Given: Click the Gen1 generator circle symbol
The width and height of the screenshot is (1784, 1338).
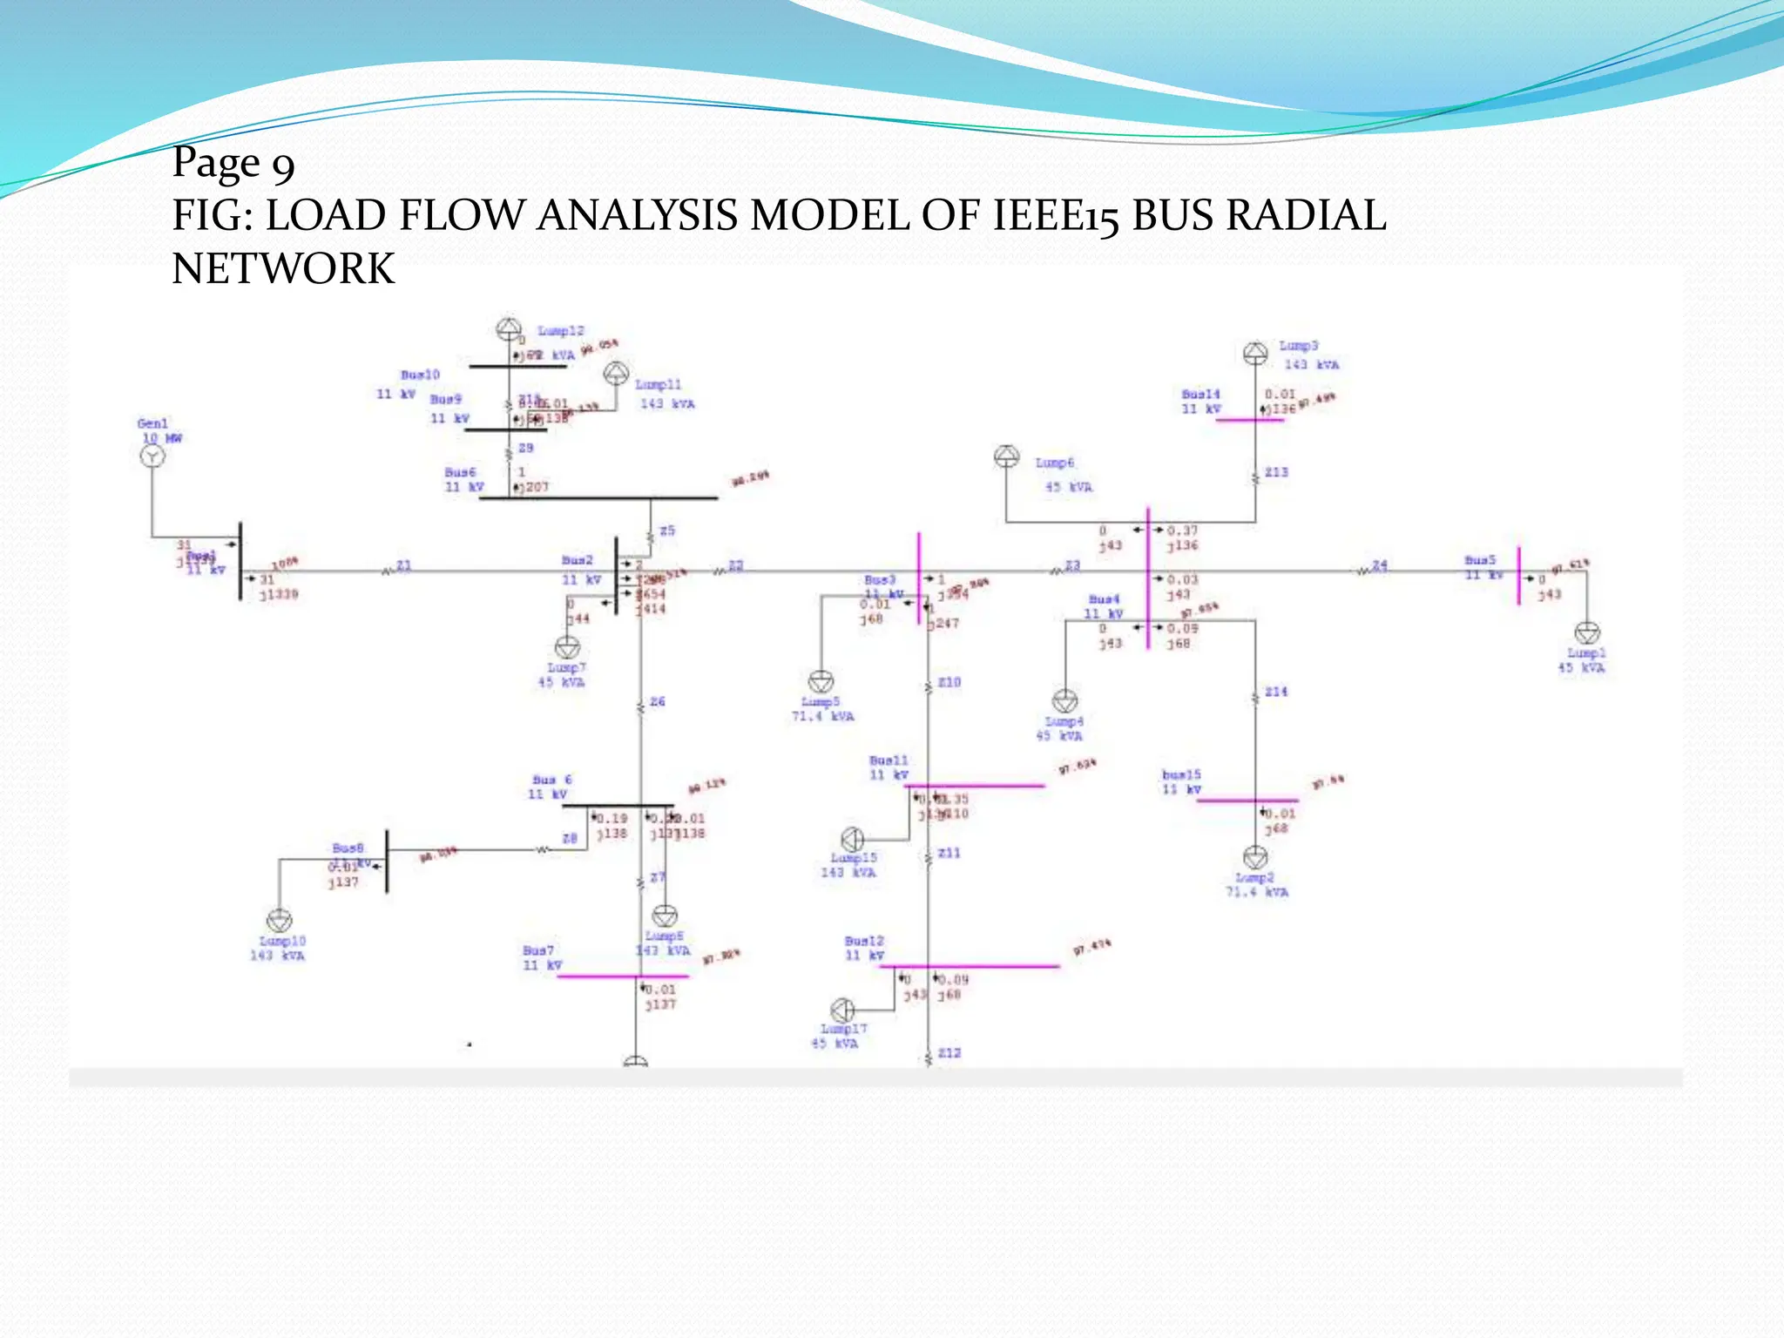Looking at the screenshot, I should pos(152,456).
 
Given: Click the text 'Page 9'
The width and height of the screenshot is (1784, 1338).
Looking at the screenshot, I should pos(233,163).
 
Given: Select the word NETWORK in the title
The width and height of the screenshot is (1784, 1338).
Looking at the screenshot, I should pos(283,268).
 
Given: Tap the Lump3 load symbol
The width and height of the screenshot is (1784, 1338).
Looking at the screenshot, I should pos(1255,353).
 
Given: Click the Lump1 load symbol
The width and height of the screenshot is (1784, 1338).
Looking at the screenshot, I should pos(1587,633).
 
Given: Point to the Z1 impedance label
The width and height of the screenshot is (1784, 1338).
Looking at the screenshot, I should pos(403,565).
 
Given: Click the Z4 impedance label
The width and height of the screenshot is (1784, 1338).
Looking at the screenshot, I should pos(1380,565).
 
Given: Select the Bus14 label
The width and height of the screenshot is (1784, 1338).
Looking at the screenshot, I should pos(1200,395).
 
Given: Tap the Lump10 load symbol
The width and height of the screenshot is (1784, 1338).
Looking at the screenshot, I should pos(279,920).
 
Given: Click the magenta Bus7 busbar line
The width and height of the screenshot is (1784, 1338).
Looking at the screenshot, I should pos(622,976).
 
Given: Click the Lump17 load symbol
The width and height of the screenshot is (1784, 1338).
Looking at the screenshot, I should pos(842,1010).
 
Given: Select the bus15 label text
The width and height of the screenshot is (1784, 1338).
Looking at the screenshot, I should pos(1181,774).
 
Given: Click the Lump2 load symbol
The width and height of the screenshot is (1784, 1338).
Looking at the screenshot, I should pos(1255,857).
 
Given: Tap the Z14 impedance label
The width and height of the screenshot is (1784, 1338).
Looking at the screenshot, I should pos(1276,692).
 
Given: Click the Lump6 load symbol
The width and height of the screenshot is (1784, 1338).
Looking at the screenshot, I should pos(1007,456).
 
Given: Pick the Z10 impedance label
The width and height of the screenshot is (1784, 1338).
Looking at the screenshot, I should pos(949,682).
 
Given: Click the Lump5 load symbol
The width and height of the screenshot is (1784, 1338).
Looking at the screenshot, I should pos(821,681).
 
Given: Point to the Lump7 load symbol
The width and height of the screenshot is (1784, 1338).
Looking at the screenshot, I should pos(567,647).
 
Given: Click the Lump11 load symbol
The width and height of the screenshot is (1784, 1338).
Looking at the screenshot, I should pos(616,374).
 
